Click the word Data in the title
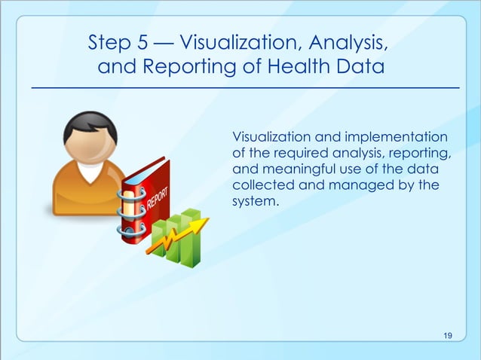(360, 69)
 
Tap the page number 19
(449, 335)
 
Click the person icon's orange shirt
(83, 192)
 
